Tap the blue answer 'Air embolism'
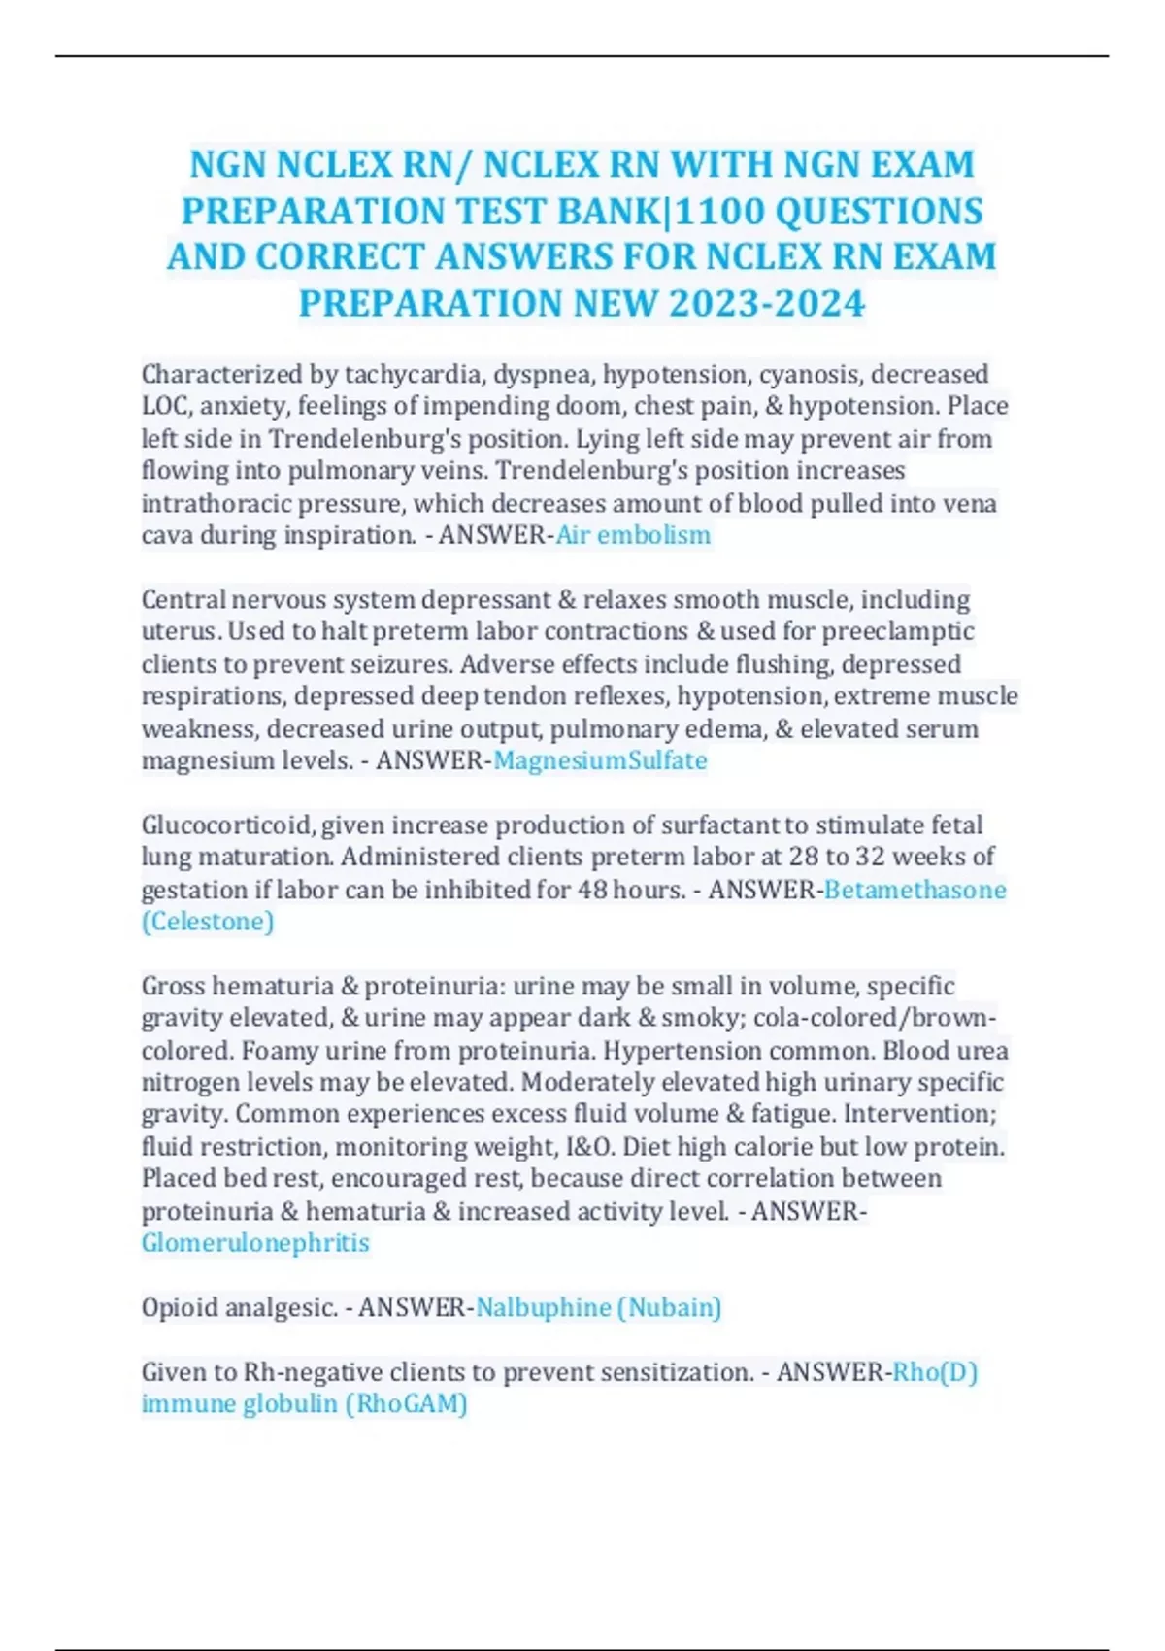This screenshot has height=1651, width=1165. coord(633,535)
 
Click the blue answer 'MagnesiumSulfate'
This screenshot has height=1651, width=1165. coord(600,760)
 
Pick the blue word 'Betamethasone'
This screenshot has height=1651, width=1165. coord(915,890)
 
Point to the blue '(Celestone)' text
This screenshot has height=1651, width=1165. coord(208,922)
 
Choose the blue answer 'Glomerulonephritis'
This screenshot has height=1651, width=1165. coord(255,1243)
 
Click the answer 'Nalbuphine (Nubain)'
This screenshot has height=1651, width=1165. coord(598,1308)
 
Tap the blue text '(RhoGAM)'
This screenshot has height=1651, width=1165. coord(412,1404)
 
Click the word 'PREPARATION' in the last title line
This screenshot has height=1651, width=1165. coord(429,303)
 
